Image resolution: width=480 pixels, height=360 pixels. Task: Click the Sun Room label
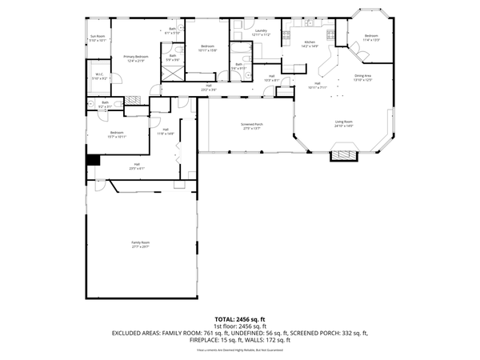pyautogui.click(x=98, y=36)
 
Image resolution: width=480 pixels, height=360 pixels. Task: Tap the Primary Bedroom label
pyautogui.click(x=135, y=56)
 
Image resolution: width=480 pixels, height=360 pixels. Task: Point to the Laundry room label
pyautogui.click(x=261, y=30)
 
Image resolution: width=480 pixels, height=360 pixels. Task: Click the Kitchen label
pyautogui.click(x=310, y=42)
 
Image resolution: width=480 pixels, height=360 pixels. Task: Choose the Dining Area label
pyautogui.click(x=364, y=76)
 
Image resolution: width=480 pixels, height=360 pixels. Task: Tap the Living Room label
pyautogui.click(x=344, y=122)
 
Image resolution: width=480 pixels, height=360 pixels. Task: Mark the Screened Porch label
pyautogui.click(x=252, y=124)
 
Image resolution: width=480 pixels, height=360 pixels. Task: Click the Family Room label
pyautogui.click(x=141, y=242)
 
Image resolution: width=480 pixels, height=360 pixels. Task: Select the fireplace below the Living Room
pyautogui.click(x=343, y=154)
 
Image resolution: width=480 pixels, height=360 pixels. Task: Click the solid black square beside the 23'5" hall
pyautogui.click(x=94, y=159)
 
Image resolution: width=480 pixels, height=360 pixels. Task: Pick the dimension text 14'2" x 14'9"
pyautogui.click(x=310, y=46)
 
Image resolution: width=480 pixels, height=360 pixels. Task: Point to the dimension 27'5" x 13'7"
pyautogui.click(x=252, y=129)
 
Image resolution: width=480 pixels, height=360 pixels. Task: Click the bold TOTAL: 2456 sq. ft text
pyautogui.click(x=239, y=318)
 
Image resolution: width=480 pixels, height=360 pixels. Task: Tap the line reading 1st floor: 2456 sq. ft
pyautogui.click(x=239, y=326)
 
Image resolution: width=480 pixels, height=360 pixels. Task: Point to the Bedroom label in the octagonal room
pyautogui.click(x=372, y=35)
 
